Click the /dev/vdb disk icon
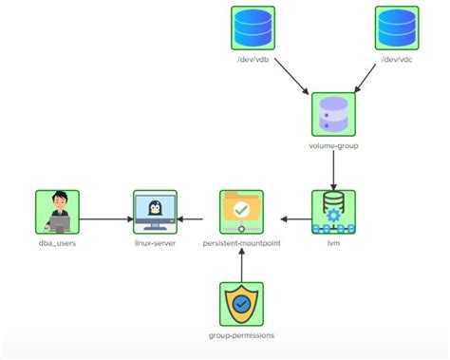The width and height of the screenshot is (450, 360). click(253, 28)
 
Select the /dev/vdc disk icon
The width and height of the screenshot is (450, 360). click(397, 28)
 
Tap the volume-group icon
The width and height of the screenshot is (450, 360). click(333, 115)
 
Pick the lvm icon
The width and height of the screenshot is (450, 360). click(333, 212)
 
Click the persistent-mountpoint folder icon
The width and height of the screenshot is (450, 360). click(242, 212)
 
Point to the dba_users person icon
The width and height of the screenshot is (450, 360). click(58, 212)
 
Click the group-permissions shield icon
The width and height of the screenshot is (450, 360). click(242, 304)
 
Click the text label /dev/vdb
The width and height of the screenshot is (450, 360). click(253, 60)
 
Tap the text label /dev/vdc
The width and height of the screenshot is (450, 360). click(397, 60)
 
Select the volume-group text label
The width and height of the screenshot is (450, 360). click(333, 147)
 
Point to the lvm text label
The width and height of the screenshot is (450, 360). click(333, 244)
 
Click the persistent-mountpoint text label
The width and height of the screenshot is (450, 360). click(242, 244)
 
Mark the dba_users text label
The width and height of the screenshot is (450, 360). click(58, 244)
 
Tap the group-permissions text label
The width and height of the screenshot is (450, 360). click(242, 335)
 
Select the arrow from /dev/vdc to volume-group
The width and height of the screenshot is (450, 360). click(370, 79)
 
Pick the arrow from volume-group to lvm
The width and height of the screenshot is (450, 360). click(333, 169)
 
